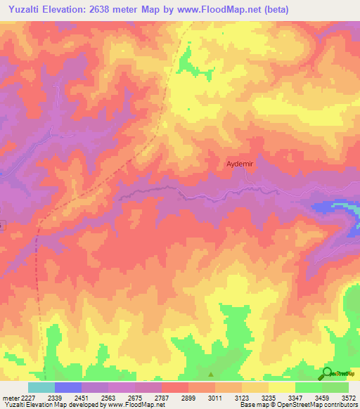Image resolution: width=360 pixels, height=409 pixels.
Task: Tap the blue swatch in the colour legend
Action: [x=67, y=387]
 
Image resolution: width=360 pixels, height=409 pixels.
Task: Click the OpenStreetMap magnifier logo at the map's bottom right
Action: [x=327, y=373]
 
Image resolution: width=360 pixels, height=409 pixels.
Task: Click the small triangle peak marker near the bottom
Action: [x=210, y=374]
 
